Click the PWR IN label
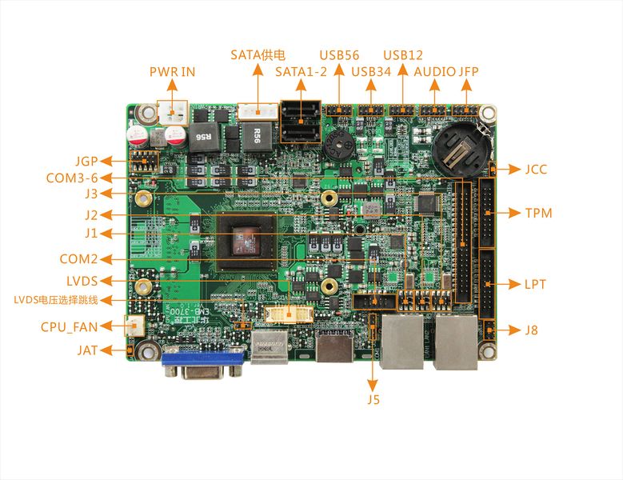click(172, 71)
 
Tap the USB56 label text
click(339, 55)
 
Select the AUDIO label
click(435, 71)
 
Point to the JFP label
click(469, 71)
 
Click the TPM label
click(539, 213)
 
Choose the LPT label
click(535, 284)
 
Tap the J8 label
click(531, 330)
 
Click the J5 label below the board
click(373, 399)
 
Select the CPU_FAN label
click(69, 326)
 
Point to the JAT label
click(87, 350)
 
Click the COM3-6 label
click(72, 178)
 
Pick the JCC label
click(536, 169)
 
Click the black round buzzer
click(337, 146)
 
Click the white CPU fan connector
click(134, 326)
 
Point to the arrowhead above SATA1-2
click(301, 85)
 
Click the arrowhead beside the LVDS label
click(106, 281)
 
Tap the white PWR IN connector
click(173, 113)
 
